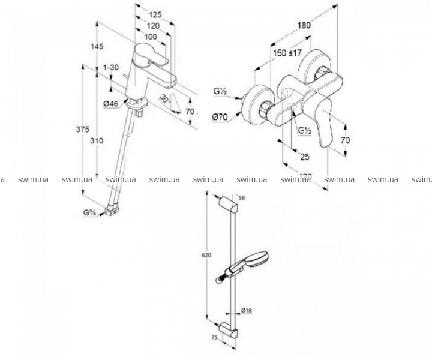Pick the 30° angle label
tap(166, 98)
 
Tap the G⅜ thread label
tap(91, 214)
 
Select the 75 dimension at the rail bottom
tap(214, 338)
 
